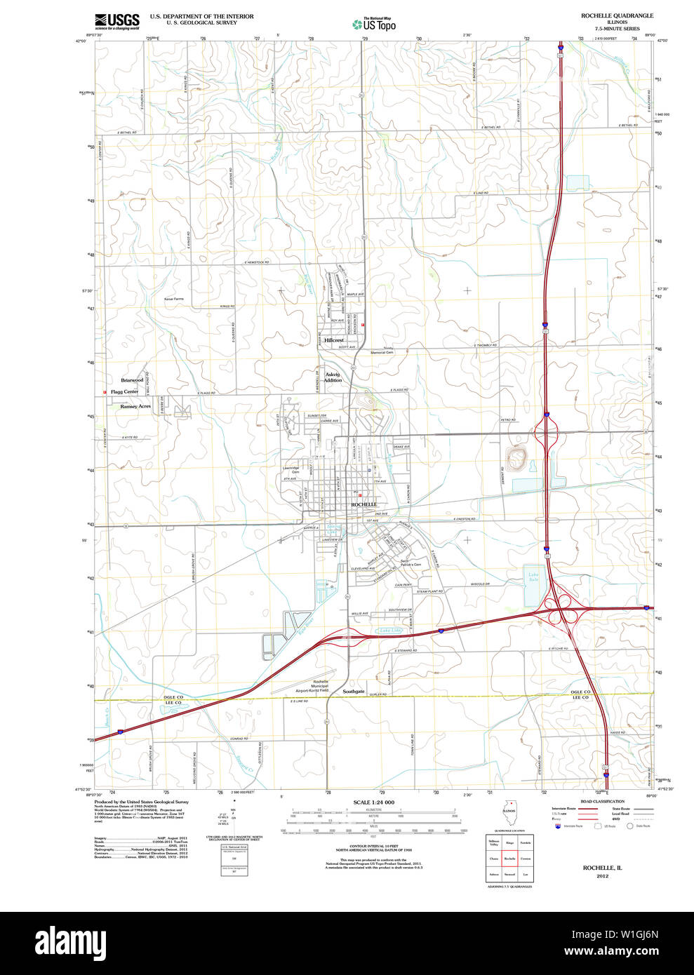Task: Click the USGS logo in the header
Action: tap(117, 20)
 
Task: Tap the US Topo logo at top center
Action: tap(374, 24)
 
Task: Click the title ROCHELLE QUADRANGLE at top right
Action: tap(617, 15)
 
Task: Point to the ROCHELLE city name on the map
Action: tap(364, 504)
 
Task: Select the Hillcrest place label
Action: tap(334, 340)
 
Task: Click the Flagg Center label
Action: tap(125, 391)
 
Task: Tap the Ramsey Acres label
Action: tap(135, 406)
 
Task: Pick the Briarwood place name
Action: tap(132, 380)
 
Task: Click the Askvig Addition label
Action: tap(333, 377)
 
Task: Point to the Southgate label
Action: tap(354, 691)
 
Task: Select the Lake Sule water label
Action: tap(533, 577)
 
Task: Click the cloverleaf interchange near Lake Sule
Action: tap(561, 609)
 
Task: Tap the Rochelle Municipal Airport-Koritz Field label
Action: tap(321, 686)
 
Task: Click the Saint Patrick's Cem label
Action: tap(411, 563)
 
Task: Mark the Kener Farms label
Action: tap(173, 299)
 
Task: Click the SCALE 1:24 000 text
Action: tap(373, 802)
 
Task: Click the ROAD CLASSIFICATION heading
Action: tap(602, 801)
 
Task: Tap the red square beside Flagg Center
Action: tap(105, 392)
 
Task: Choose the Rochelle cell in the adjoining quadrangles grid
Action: tap(509, 859)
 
